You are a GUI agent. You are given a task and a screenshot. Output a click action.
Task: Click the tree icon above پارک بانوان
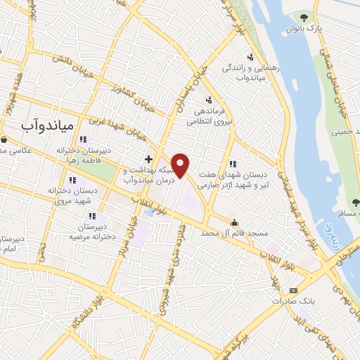pyautogui.click(x=304, y=16)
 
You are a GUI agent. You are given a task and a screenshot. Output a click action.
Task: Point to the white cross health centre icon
pyautogui.click(x=148, y=160)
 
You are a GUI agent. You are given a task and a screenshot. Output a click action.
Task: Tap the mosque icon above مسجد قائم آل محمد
pyautogui.click(x=235, y=222)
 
